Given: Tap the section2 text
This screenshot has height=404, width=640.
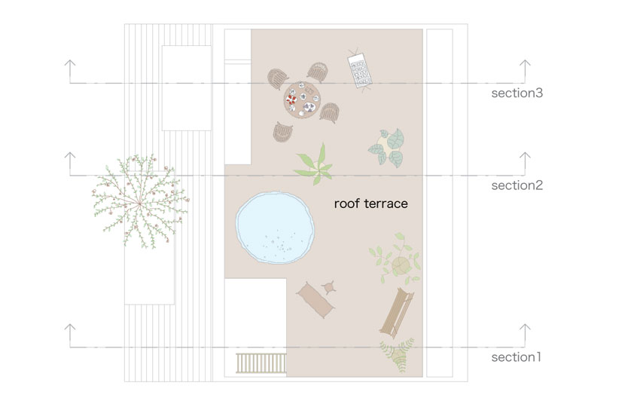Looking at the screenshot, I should click(517, 185).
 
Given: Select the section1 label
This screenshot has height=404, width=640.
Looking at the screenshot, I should click(517, 357).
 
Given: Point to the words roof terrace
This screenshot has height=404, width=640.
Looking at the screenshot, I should click(371, 204).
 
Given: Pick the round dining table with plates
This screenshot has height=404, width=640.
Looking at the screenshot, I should click(301, 100).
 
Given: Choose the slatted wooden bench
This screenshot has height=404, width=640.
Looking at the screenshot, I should click(397, 311).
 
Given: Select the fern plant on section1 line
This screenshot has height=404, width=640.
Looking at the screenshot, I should click(397, 354).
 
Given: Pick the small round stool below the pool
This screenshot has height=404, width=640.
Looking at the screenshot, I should click(329, 287).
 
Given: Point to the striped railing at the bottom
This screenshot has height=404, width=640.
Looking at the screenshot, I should click(261, 363).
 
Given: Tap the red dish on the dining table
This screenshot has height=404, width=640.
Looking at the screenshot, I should click(291, 99).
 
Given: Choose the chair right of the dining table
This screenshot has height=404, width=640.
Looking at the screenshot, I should click(330, 113).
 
